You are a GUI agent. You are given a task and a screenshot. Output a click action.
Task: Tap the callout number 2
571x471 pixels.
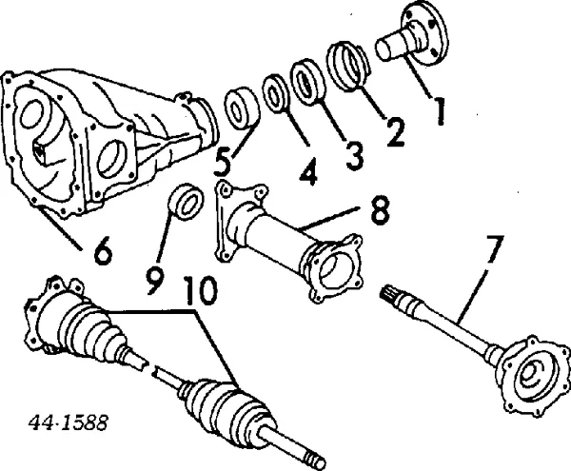[392, 131]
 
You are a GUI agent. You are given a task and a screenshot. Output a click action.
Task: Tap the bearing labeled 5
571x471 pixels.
[242, 107]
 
